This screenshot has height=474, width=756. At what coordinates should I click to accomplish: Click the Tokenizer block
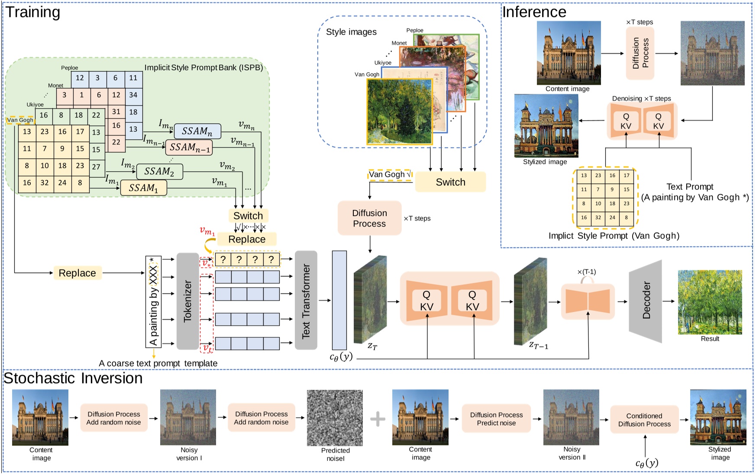click(x=187, y=301)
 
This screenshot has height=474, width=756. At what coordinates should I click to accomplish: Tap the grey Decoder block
click(x=646, y=301)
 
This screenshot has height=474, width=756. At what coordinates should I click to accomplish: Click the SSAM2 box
click(x=159, y=172)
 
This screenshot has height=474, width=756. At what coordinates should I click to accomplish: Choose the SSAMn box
click(x=197, y=131)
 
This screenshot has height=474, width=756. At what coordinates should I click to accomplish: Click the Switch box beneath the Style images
click(x=450, y=182)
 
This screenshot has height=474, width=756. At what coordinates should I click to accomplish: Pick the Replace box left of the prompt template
click(x=77, y=273)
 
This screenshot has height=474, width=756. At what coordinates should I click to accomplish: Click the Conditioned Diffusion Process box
click(x=644, y=420)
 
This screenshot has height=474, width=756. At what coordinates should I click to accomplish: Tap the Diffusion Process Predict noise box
click(x=496, y=419)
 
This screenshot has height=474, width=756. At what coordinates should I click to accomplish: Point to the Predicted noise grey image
click(x=335, y=418)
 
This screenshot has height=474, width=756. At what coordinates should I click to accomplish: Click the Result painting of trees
click(x=710, y=302)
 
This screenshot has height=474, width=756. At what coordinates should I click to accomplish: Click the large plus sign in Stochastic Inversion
click(x=378, y=419)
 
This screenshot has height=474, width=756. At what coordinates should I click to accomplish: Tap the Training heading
click(x=33, y=12)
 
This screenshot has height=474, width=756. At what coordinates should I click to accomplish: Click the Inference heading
click(x=534, y=12)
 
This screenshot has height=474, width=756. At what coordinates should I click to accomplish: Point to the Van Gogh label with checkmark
click(x=390, y=175)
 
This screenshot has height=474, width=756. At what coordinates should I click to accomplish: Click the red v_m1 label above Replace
click(x=207, y=231)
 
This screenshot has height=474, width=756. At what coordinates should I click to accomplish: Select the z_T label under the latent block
click(x=372, y=346)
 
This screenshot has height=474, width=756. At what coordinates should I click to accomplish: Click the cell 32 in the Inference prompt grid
click(x=598, y=218)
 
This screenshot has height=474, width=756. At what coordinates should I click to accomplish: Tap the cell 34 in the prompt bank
click(x=133, y=95)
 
